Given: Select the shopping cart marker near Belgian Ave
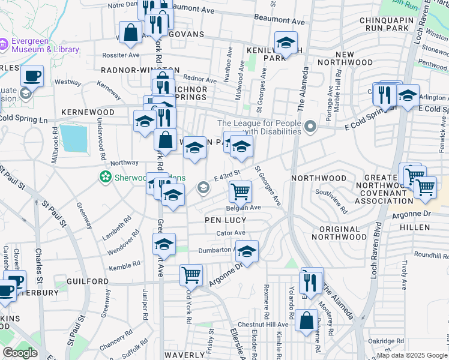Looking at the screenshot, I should tap(240, 191).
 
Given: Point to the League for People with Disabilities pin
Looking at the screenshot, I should tap(310, 127).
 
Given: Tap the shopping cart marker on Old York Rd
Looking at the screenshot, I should tap(191, 275).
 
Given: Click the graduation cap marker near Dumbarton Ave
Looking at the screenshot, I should tap(246, 251).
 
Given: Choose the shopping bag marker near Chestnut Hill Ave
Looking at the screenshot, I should tap(306, 320).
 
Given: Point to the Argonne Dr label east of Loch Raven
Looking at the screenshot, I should tap(411, 214).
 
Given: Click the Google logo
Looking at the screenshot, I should tap(20, 353).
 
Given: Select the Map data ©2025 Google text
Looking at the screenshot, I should tap(411, 355).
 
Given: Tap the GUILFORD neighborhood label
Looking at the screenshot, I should tap(85, 281).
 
